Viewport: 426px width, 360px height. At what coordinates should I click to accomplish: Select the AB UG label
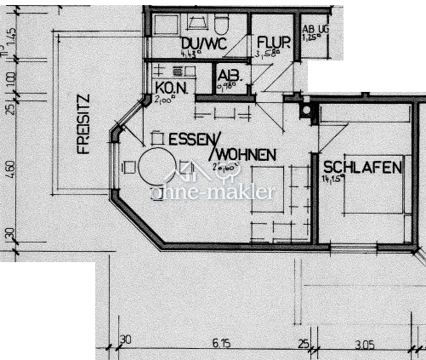315,28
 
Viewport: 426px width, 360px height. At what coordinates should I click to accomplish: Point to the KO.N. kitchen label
171,87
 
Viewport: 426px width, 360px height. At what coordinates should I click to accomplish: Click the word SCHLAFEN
361,168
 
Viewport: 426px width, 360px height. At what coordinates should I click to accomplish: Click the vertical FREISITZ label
82,123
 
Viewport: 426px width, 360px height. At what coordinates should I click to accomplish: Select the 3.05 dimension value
364,343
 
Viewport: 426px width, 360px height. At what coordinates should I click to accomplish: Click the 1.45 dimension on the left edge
10,37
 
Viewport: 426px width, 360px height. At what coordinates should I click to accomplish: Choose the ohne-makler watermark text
213,191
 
